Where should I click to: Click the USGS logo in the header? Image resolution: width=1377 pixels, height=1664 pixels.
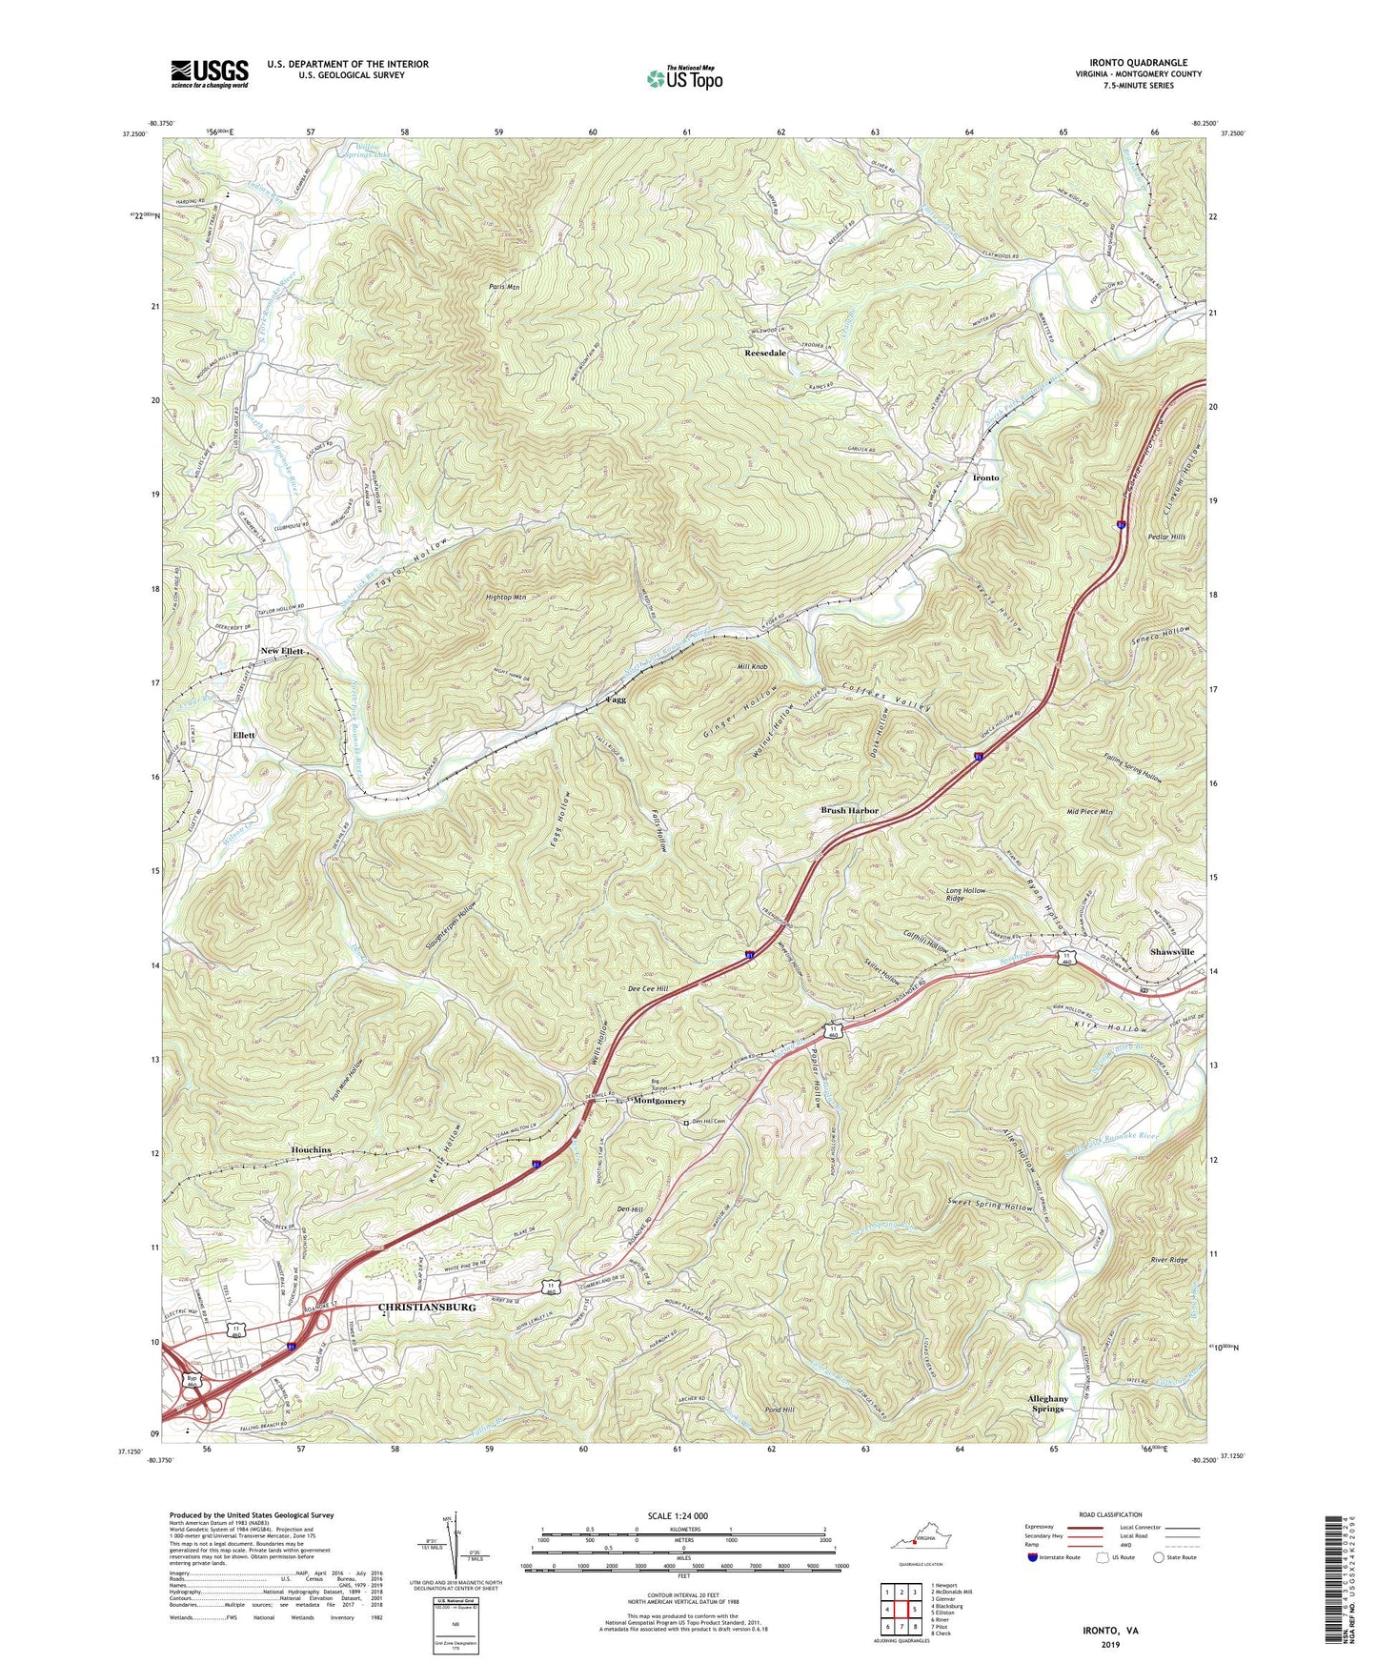pos(209,73)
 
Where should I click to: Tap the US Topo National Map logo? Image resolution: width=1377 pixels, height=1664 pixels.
pos(683,78)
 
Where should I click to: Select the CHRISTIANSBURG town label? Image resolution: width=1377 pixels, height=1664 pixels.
pos(427,1308)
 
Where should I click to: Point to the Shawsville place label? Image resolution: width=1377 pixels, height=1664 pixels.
pos(1171,951)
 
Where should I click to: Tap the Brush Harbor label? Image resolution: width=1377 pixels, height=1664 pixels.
pos(850,810)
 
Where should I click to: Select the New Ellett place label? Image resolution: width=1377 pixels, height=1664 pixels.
pos(281,651)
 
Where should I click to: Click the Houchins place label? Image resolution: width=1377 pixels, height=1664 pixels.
pos(311,1150)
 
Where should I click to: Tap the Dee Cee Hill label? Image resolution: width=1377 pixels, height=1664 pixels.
pos(648,989)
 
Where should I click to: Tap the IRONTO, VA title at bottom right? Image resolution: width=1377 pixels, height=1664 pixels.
pos(1091,1631)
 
